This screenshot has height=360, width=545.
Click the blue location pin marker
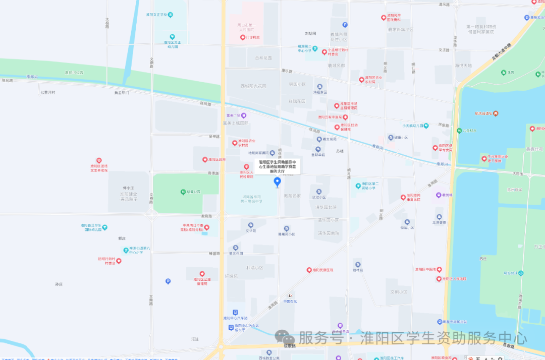[x=277, y=182]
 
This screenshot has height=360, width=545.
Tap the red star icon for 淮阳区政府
[x=204, y=159]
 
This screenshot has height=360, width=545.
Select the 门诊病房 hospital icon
[x=242, y=37]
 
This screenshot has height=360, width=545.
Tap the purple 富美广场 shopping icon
[x=244, y=115]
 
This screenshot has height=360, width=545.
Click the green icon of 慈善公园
[x=183, y=192]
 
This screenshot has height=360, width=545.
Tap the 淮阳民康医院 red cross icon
[x=309, y=270]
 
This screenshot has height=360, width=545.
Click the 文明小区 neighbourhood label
[x=399, y=292]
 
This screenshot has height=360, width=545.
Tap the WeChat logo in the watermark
[x=285, y=338]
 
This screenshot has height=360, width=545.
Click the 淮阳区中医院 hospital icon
[x=410, y=270]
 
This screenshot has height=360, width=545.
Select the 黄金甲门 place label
[x=122, y=93]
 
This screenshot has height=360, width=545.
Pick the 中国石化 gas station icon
[x=290, y=295]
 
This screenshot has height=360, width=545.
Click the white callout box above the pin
[x=277, y=166]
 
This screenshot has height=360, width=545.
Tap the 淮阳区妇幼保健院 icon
[x=337, y=127]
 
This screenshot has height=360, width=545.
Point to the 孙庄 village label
[x=59, y=284]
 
